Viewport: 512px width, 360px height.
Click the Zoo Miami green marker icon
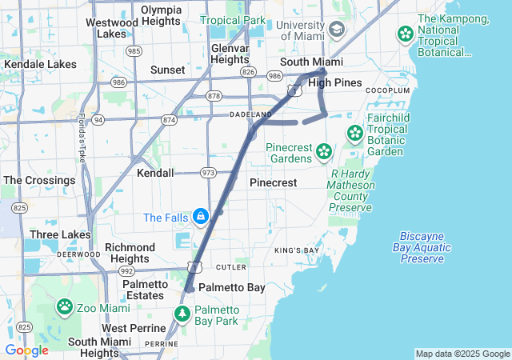point(65,306)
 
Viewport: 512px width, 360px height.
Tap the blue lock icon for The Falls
point(199,216)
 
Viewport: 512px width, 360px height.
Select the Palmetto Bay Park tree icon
point(182,314)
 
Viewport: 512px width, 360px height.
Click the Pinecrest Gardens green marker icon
point(323,151)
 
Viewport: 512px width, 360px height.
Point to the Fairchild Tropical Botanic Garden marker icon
point(354,133)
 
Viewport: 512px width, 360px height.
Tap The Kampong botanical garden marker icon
point(405,34)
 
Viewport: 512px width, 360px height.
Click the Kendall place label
point(155,173)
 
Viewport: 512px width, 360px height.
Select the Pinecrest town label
point(273,182)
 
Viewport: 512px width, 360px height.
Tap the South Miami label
point(311,62)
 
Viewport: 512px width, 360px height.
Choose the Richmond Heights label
point(130,253)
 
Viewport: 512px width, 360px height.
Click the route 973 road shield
point(209,172)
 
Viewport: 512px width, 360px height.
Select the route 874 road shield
point(169,120)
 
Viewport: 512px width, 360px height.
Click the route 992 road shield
point(126,270)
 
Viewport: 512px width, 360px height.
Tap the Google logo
point(26,350)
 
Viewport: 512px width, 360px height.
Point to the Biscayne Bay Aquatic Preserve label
point(422,248)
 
